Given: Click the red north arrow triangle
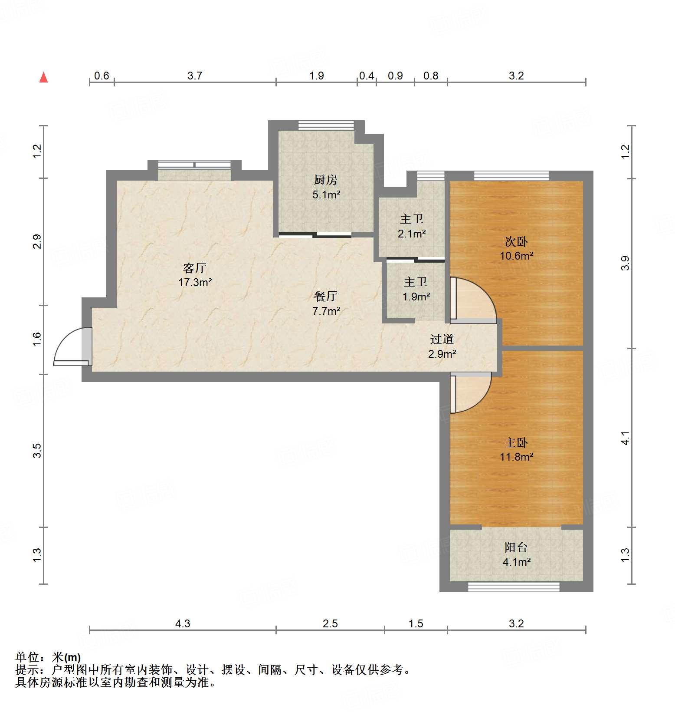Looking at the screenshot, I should [43, 78].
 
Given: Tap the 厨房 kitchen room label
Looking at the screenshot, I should [326, 180].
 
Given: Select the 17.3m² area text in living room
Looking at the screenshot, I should [195, 283].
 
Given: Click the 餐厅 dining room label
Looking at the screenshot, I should [326, 297].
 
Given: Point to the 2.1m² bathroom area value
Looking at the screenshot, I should [412, 234].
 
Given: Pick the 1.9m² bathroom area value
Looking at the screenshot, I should [416, 297].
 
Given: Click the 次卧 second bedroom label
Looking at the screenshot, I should [516, 241].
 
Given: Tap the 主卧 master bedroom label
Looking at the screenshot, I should [516, 442].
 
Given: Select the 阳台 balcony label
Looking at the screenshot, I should [516, 547].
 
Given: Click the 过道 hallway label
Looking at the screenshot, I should [442, 339].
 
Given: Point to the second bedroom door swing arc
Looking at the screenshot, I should [475, 300].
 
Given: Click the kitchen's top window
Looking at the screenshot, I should [326, 125].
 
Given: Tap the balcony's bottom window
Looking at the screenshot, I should [513, 587].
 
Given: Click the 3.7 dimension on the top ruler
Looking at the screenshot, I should [195, 76].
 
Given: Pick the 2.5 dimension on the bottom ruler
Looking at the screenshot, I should [330, 624].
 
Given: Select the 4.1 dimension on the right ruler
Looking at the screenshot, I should [625, 438].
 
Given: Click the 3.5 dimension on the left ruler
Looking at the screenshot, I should [37, 450].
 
